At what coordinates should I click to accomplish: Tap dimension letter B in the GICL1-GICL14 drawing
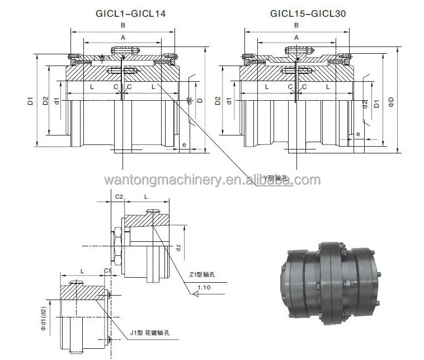point(123,26)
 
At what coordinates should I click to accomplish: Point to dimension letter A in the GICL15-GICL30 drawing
point(297,37)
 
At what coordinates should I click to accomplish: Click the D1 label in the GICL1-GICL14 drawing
point(30,102)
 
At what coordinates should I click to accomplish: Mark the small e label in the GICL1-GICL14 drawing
point(184,144)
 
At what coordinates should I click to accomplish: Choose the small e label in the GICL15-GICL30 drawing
point(357,134)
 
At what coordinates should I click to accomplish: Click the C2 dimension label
point(119,197)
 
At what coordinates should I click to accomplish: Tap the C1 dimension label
point(107,270)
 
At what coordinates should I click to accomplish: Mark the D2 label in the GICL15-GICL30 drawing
point(217,101)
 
